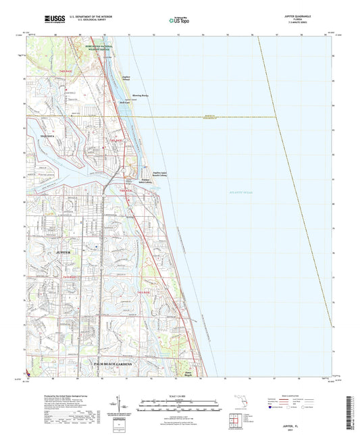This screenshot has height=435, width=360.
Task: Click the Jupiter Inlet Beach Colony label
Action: click(159, 174)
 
